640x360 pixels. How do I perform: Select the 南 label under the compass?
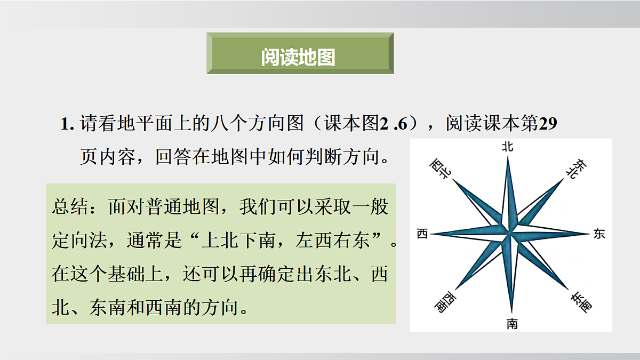click(x=512, y=323)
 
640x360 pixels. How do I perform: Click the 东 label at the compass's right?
click(x=599, y=234)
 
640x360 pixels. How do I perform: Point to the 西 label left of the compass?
click(x=422, y=234)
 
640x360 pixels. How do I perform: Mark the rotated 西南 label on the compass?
click(x=443, y=302)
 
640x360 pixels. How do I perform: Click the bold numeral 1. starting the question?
click(x=67, y=124)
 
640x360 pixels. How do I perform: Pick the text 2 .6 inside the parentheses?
click(x=394, y=124)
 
